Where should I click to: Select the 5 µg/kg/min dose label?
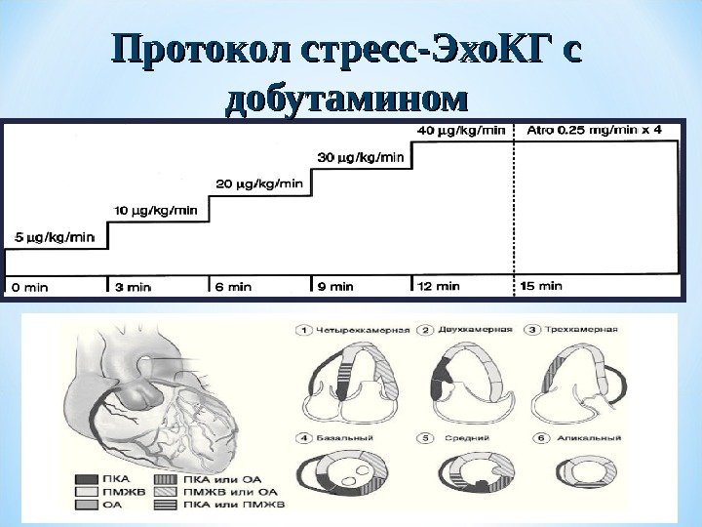click(54, 236)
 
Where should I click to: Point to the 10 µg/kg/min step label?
click(156, 209)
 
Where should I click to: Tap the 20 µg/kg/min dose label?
click(258, 182)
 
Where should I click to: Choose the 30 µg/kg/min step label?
click(361, 155)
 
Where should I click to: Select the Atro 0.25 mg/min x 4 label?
click(594, 129)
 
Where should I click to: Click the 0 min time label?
click(29, 287)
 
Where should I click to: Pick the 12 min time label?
click(438, 287)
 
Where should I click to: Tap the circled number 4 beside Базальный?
click(304, 438)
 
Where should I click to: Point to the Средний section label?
click(460, 438)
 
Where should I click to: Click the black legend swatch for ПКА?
click(85, 479)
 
